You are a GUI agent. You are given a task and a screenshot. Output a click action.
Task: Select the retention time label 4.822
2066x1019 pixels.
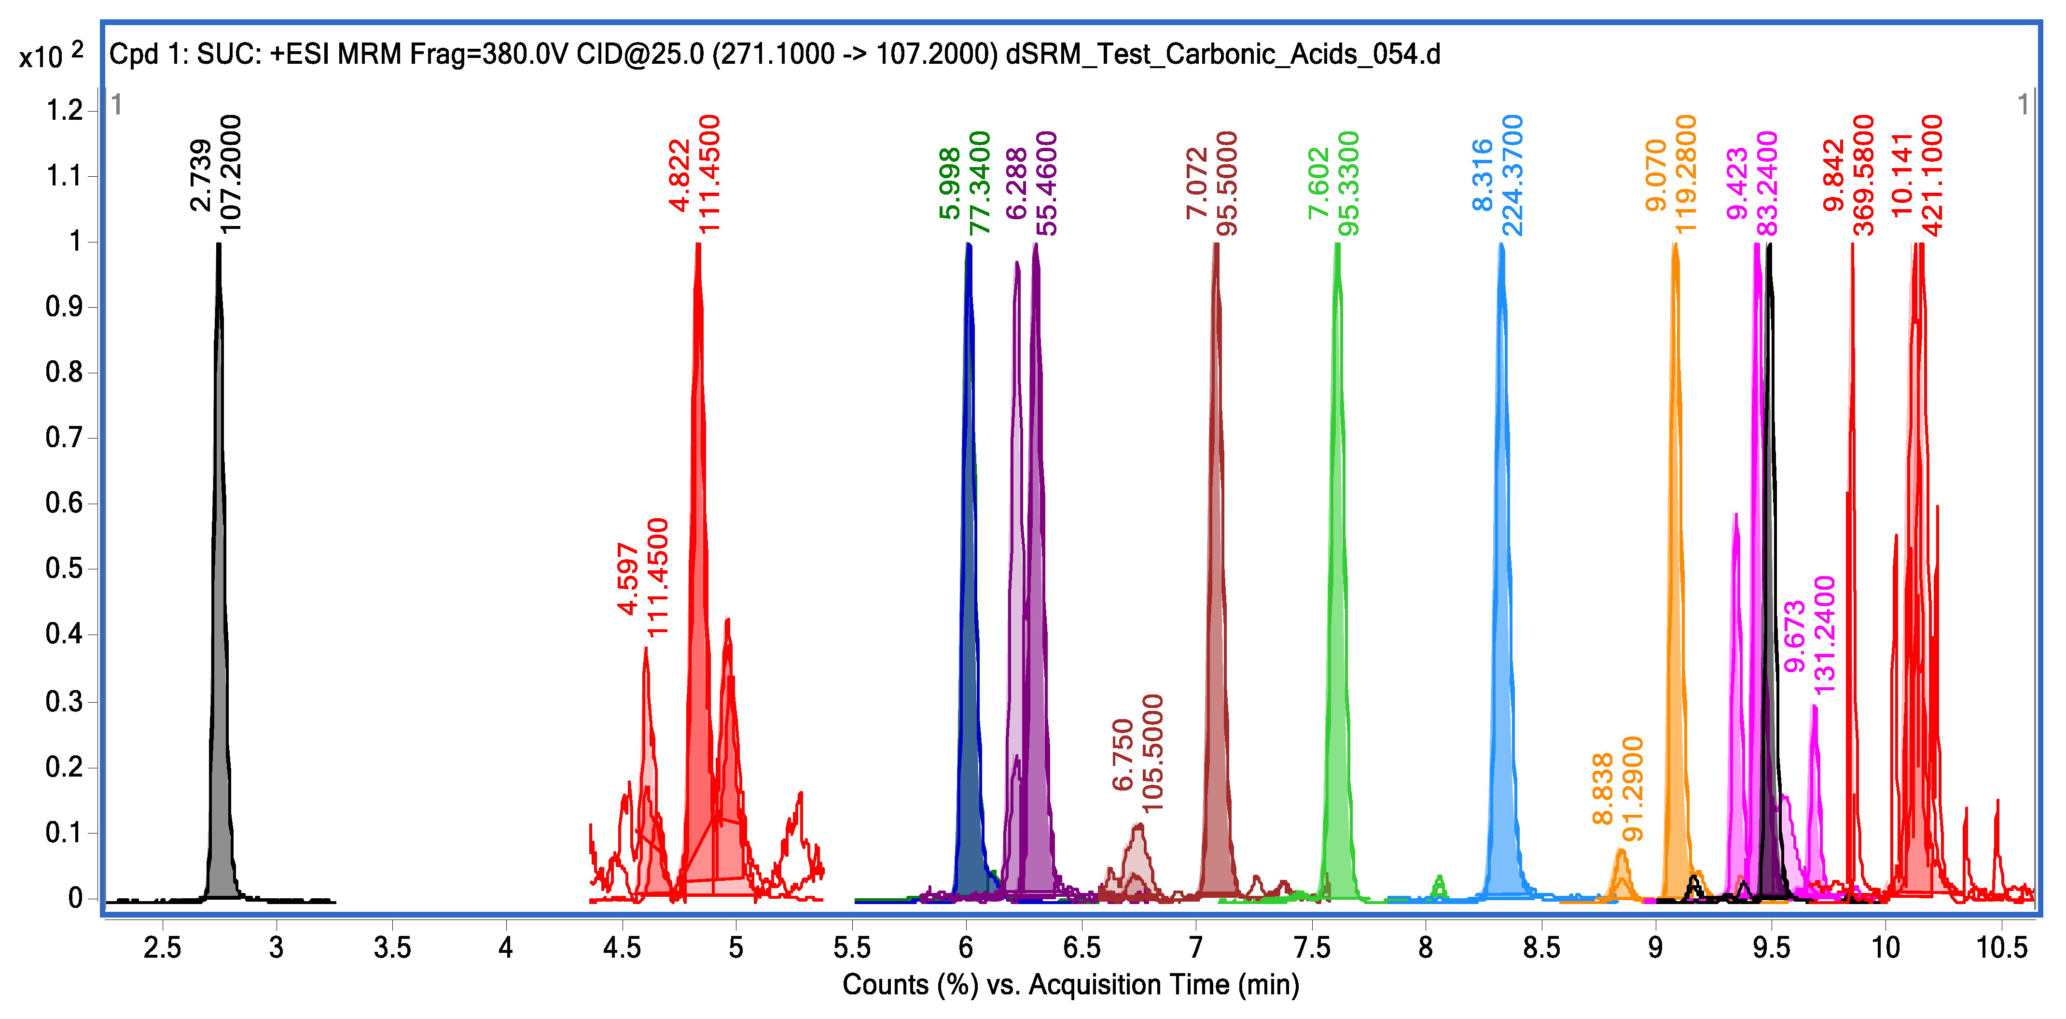(680, 175)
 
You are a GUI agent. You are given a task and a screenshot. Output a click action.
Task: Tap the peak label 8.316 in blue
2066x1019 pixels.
(1483, 175)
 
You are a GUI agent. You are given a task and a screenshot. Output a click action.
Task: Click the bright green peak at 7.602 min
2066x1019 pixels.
(1337, 562)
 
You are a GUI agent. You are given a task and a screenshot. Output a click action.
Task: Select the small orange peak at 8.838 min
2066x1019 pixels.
(1621, 871)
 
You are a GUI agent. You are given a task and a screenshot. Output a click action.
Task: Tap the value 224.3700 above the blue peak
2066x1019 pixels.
(1512, 175)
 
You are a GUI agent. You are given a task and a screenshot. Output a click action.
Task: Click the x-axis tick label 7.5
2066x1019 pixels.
(1312, 948)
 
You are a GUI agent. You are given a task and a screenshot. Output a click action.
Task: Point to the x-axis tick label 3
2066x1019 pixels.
(277, 948)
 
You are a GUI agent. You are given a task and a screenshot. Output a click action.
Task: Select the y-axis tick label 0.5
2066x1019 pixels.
(64, 569)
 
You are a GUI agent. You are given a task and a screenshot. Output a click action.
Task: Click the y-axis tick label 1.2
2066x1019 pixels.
(64, 110)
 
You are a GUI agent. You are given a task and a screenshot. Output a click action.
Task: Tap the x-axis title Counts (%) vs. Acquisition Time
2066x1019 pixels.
(1070, 985)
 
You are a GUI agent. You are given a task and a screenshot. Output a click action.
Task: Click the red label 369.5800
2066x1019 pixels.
(1864, 175)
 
